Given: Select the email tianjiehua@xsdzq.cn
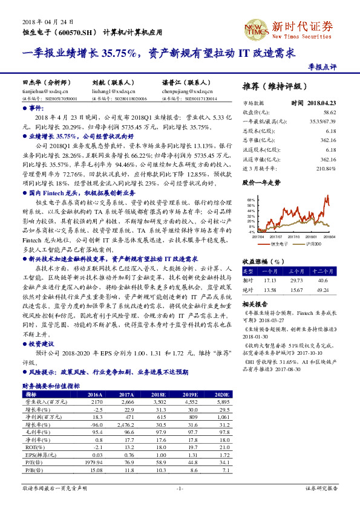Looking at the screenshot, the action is tap(43, 89).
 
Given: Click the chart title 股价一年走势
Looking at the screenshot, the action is tap(262, 181).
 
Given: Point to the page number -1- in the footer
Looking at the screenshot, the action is tap(180, 488).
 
